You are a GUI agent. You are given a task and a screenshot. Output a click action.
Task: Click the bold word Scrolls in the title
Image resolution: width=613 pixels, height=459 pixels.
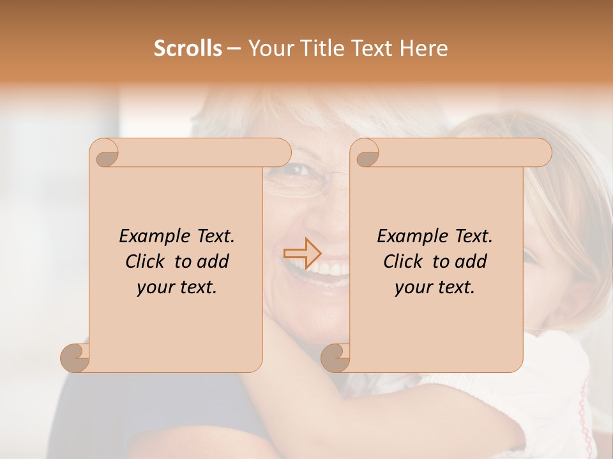point(188,48)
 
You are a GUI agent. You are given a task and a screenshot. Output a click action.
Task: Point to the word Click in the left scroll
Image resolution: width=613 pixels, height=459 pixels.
point(146,261)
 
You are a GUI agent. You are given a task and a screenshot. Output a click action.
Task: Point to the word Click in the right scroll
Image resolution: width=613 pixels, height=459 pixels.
point(404,261)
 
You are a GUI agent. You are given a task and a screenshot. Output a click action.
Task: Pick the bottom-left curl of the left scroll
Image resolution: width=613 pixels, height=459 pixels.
point(75,358)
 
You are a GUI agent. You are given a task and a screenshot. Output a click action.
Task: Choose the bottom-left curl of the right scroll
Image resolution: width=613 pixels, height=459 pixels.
point(335,358)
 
